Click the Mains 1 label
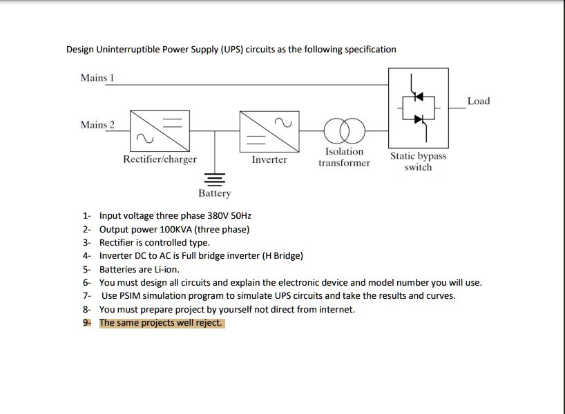pyautogui.click(x=97, y=78)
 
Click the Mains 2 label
pyautogui.click(x=97, y=125)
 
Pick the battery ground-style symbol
pyautogui.click(x=215, y=177)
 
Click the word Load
pyautogui.click(x=478, y=101)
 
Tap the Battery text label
pyautogui.click(x=215, y=194)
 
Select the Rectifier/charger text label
pyautogui.click(x=160, y=159)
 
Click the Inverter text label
pyautogui.click(x=269, y=159)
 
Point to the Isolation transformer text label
pyautogui.click(x=344, y=157)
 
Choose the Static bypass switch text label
pyautogui.click(x=418, y=161)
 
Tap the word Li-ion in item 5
pyautogui.click(x=166, y=269)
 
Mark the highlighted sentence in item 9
pyautogui.click(x=161, y=323)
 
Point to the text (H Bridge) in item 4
pyautogui.click(x=278, y=256)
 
